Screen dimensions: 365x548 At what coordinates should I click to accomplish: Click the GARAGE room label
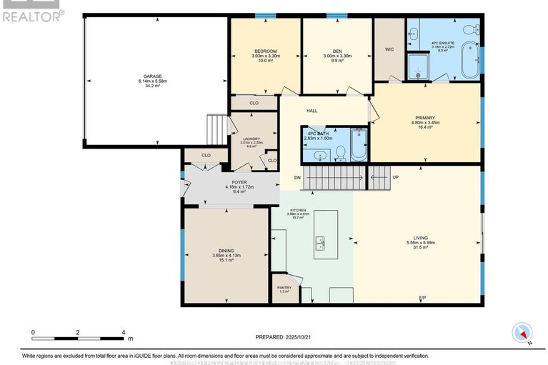[151, 76]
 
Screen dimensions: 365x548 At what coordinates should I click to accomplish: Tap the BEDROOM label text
[264, 51]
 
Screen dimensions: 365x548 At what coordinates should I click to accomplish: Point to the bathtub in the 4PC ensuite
[469, 61]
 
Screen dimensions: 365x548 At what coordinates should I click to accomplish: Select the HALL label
[312, 111]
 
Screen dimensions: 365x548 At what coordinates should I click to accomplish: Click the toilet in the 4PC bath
[341, 151]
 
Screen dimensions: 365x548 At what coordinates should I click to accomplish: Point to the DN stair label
[297, 177]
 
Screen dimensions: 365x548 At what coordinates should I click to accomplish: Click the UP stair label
[395, 177]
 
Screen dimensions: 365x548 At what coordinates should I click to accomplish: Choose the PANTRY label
[284, 288]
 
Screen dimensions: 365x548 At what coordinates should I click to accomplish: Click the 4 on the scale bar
[124, 333]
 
